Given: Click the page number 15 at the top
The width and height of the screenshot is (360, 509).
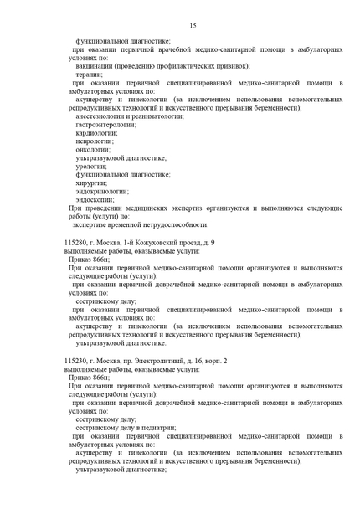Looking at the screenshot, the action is (x=193, y=26).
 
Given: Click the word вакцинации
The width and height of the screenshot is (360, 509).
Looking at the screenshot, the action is (x=96, y=66).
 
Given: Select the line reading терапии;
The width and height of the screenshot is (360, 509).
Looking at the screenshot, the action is (x=90, y=75).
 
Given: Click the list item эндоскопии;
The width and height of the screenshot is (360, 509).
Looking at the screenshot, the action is (x=95, y=199).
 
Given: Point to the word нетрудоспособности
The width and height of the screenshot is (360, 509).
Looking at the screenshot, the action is (x=173, y=224).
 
